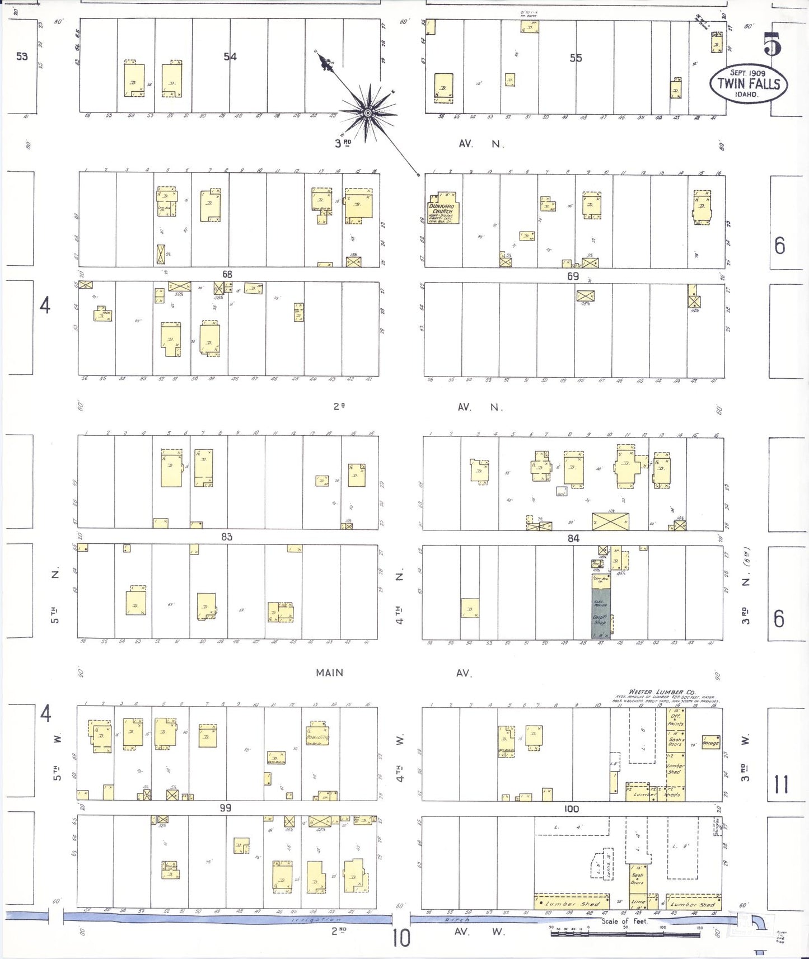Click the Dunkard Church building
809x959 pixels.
(443, 210)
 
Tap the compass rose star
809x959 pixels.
(368, 113)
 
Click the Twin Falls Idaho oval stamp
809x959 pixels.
(749, 84)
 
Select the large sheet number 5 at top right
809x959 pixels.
(772, 44)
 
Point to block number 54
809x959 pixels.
(230, 57)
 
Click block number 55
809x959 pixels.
(576, 58)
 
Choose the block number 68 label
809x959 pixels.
(227, 274)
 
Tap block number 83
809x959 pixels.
(226, 537)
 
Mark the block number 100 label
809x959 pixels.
(571, 808)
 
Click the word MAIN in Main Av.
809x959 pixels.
(329, 673)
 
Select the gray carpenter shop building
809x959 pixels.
(601, 613)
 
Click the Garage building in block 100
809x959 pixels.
(710, 743)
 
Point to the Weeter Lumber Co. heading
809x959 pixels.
(662, 692)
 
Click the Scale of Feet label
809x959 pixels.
(624, 921)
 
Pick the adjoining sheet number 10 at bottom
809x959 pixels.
(401, 938)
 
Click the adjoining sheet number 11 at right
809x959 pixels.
(781, 784)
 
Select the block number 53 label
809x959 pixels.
(22, 57)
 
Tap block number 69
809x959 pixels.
(573, 276)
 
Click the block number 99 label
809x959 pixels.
(225, 808)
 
